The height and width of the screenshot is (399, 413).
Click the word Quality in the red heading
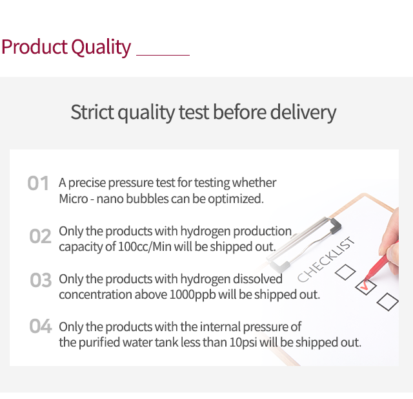[x=101, y=47]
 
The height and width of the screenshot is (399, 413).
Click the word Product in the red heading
[x=34, y=47]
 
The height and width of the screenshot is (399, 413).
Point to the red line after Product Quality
[x=163, y=55]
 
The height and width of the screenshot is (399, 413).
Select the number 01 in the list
[x=38, y=183]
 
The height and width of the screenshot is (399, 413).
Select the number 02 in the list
[x=40, y=236]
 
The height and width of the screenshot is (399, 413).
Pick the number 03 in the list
[x=41, y=280]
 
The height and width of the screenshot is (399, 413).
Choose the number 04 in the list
[x=40, y=326]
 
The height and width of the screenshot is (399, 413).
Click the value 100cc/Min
[x=145, y=247]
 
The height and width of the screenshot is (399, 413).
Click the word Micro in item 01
[x=73, y=199]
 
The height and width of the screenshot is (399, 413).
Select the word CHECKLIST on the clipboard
[x=326, y=259]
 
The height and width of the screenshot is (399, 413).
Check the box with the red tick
[x=366, y=286]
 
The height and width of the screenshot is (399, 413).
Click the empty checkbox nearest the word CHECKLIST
[x=345, y=272]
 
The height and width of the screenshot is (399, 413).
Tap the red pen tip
[x=366, y=278]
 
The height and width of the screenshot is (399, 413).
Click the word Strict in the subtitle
[x=92, y=112]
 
